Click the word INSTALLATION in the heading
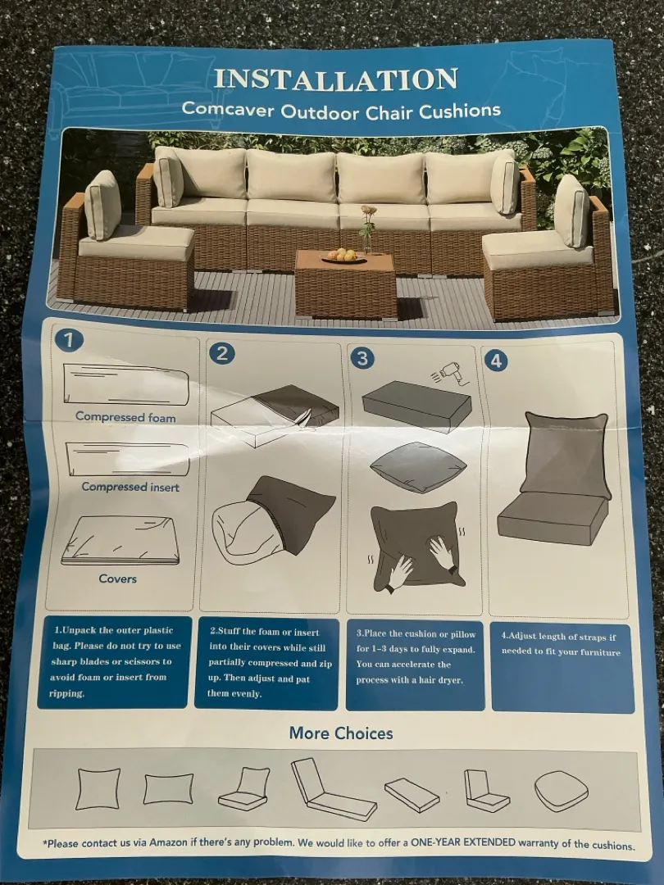coord(336,79)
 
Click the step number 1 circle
coord(69,340)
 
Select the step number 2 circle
coord(222,353)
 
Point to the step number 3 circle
coord(362,358)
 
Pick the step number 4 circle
coord(496,361)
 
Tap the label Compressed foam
coord(125,416)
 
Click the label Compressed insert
coord(130,487)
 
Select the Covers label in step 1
coord(117,579)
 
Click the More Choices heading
coord(341,733)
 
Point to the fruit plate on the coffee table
coord(343,256)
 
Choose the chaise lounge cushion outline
coord(333,789)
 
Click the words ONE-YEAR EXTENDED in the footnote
coord(463,842)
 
